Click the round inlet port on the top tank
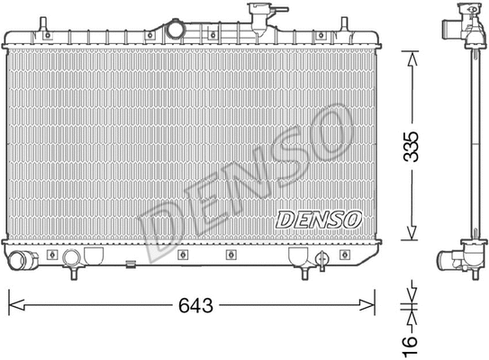(175, 29)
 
